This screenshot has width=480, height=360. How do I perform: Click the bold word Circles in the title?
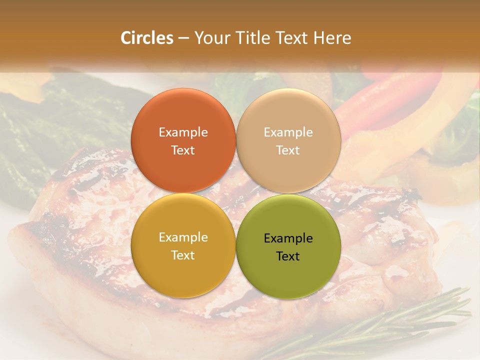[146, 38]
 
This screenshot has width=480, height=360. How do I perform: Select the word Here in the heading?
[332, 38]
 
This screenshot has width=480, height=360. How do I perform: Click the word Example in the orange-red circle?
[183, 132]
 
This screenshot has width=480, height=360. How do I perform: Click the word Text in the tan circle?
[288, 150]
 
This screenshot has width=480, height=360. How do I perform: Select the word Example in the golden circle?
[183, 237]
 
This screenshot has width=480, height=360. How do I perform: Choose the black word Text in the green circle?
[288, 256]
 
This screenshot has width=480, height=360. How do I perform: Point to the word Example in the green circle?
[288, 238]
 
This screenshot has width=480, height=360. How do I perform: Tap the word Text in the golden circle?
[183, 255]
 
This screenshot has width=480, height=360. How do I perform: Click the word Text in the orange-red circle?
[183, 150]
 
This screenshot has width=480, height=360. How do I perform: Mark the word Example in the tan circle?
[288, 132]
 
